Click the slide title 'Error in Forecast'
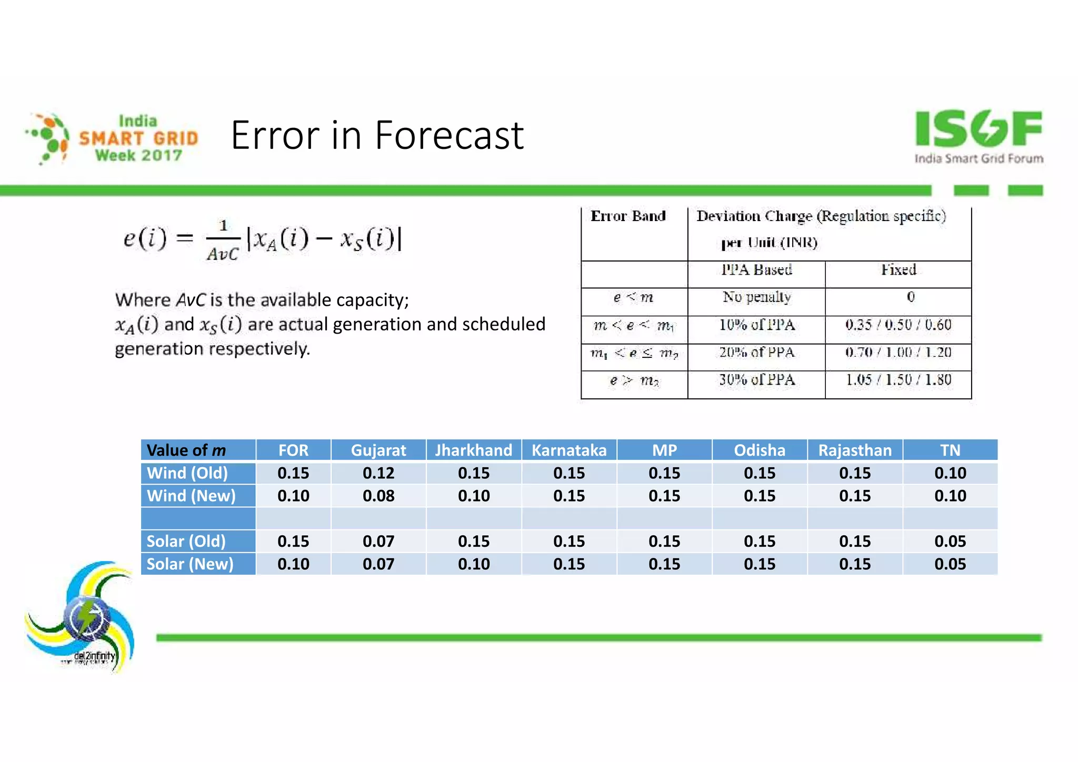pos(377,136)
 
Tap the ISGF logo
pos(978,136)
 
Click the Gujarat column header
pos(378,450)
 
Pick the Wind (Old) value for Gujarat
pos(378,473)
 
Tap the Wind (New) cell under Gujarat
pos(378,496)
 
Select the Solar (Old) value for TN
pos(950,541)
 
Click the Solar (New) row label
pos(190,564)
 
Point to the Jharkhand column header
pos(474,450)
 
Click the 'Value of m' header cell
pos(186,450)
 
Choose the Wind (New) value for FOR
pos(293,496)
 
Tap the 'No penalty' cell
pos(756,297)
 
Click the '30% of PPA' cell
pos(756,380)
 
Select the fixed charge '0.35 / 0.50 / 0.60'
pos(898,325)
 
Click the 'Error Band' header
pos(628,216)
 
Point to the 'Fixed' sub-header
pos(899,270)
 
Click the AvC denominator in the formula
pos(222,255)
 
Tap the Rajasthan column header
pos(855,450)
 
